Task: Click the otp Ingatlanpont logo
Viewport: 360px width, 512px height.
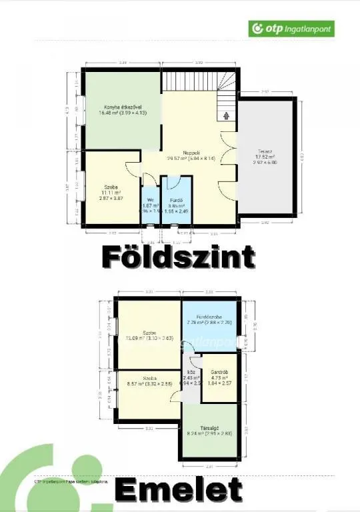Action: (x=291, y=29)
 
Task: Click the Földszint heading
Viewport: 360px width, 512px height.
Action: (x=178, y=256)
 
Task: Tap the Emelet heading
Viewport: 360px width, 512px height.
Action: (x=179, y=490)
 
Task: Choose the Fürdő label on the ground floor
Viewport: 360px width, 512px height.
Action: (x=176, y=199)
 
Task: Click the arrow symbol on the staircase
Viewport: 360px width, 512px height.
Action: (x=225, y=115)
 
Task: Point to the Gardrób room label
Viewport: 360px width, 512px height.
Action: (x=219, y=371)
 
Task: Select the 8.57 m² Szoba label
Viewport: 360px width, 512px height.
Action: (x=148, y=378)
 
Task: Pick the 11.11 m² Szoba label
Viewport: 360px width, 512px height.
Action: (x=111, y=187)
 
